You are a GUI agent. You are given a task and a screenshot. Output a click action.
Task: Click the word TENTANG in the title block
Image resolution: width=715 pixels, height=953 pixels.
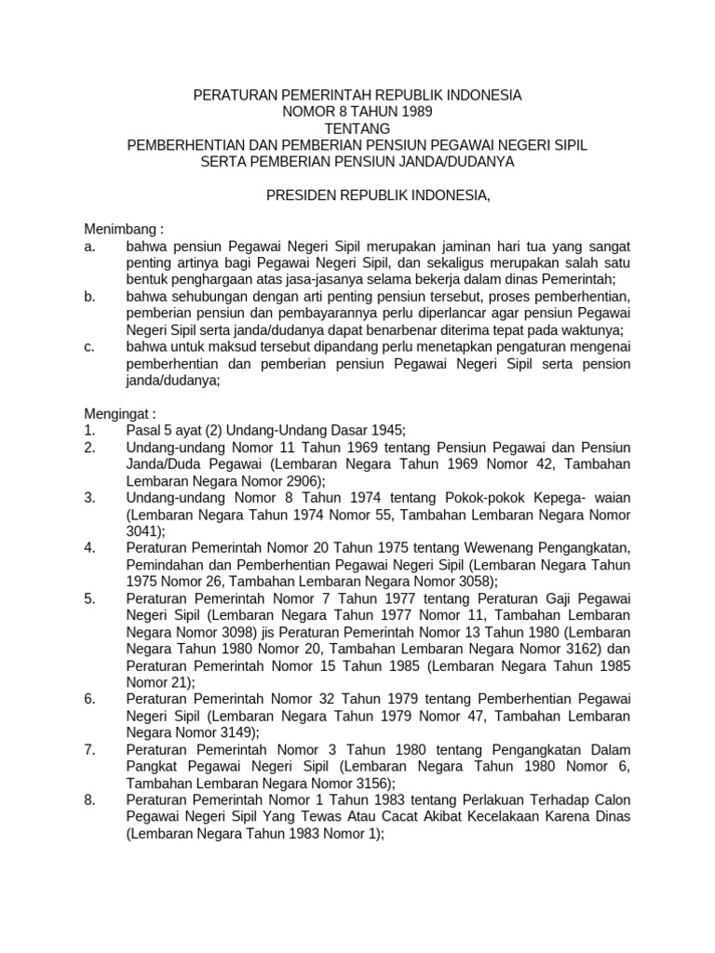(x=357, y=128)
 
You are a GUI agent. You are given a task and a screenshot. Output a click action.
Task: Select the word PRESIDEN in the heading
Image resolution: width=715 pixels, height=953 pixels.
(x=299, y=195)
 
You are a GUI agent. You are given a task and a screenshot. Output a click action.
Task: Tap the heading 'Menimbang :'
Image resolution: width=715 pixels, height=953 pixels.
(x=124, y=229)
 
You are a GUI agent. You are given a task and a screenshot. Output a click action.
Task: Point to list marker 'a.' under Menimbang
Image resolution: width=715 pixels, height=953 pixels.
(x=89, y=246)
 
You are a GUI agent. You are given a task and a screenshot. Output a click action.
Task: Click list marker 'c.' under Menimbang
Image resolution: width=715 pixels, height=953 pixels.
(x=89, y=346)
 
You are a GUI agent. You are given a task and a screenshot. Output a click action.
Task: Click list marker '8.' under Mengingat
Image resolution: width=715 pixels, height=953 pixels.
(x=89, y=799)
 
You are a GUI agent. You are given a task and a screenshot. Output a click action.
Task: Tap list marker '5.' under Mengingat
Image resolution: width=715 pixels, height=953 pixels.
(x=89, y=597)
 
